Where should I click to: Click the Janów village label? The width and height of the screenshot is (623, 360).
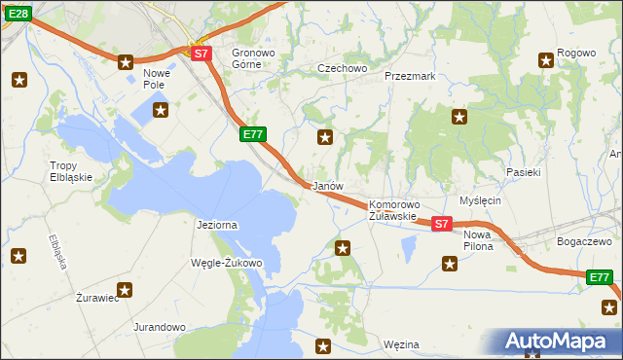click(x=326, y=186)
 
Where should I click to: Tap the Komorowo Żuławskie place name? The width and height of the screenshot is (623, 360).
click(x=393, y=210)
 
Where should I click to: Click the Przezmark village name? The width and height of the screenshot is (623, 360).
click(x=409, y=75)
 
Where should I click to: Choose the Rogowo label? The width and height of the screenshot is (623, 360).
click(x=576, y=53)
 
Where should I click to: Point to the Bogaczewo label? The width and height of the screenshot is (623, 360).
click(x=583, y=240)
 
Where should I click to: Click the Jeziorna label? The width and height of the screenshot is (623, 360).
click(x=217, y=225)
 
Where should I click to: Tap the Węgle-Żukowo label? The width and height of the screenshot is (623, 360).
click(x=227, y=263)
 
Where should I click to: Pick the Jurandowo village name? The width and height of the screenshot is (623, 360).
click(x=160, y=327)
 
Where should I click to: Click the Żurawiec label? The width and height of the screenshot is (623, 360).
click(x=97, y=298)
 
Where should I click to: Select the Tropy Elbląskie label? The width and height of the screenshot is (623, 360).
click(x=71, y=171)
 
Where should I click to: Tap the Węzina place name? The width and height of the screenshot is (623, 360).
click(x=401, y=344)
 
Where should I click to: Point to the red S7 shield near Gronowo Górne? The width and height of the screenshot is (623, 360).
click(x=201, y=54)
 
